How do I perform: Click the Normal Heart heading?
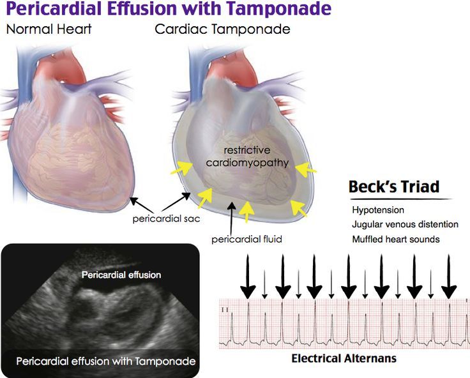[49, 29]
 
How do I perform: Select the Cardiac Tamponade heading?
[222, 29]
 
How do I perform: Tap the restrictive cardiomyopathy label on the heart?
[247, 156]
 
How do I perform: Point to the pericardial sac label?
[166, 218]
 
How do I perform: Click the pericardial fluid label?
[246, 239]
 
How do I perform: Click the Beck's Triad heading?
[394, 186]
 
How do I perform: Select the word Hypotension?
[378, 210]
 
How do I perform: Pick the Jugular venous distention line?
[406, 224]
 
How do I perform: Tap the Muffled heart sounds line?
[396, 239]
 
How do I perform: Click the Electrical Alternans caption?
[344, 358]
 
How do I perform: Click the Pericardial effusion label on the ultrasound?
[121, 275]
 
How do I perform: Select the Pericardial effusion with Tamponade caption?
[106, 361]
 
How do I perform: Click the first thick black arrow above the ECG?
[248, 276]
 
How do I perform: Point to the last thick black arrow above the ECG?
[449, 276]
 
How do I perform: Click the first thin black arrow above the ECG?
[264, 284]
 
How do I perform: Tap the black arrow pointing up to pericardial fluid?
[231, 219]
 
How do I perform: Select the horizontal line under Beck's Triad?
[401, 199]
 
